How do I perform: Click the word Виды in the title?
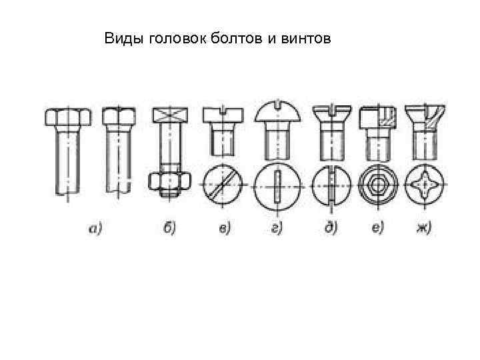tap(120, 40)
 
